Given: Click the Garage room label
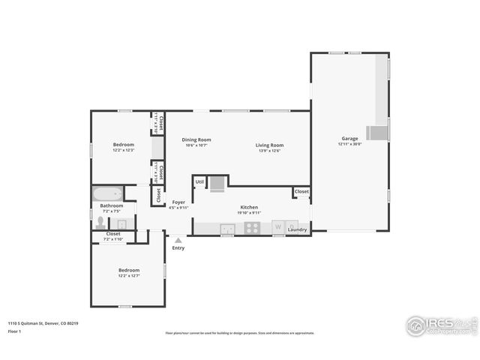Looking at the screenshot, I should click(x=349, y=139).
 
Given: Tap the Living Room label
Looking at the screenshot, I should click(x=268, y=145).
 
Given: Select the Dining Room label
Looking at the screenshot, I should click(x=196, y=139).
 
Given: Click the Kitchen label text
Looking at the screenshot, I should click(x=249, y=207).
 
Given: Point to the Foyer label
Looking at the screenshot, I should click(x=178, y=202).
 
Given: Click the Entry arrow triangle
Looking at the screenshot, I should click(x=178, y=240).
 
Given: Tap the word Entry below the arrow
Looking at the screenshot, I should click(x=178, y=248).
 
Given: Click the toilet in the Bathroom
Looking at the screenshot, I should click(x=100, y=223).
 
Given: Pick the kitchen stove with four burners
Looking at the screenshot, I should click(x=252, y=228).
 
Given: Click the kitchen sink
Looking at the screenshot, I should click(x=227, y=228).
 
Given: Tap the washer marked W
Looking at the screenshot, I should click(x=278, y=226).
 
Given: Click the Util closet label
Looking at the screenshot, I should click(x=199, y=181).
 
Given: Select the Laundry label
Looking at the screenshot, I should click(x=297, y=229).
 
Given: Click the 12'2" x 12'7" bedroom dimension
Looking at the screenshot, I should click(x=128, y=276).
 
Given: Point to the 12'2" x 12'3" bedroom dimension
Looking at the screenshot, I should click(x=124, y=151).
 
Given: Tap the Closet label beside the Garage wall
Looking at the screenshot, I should click(x=301, y=192).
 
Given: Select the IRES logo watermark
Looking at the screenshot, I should click(x=439, y=325).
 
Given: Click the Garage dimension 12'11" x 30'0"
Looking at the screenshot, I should click(x=349, y=144).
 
